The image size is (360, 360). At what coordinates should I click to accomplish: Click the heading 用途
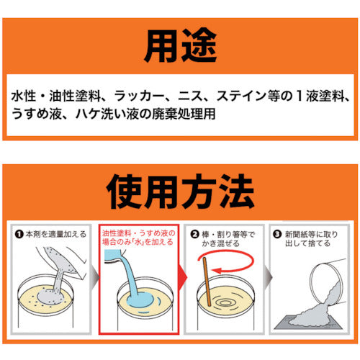(180, 45)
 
